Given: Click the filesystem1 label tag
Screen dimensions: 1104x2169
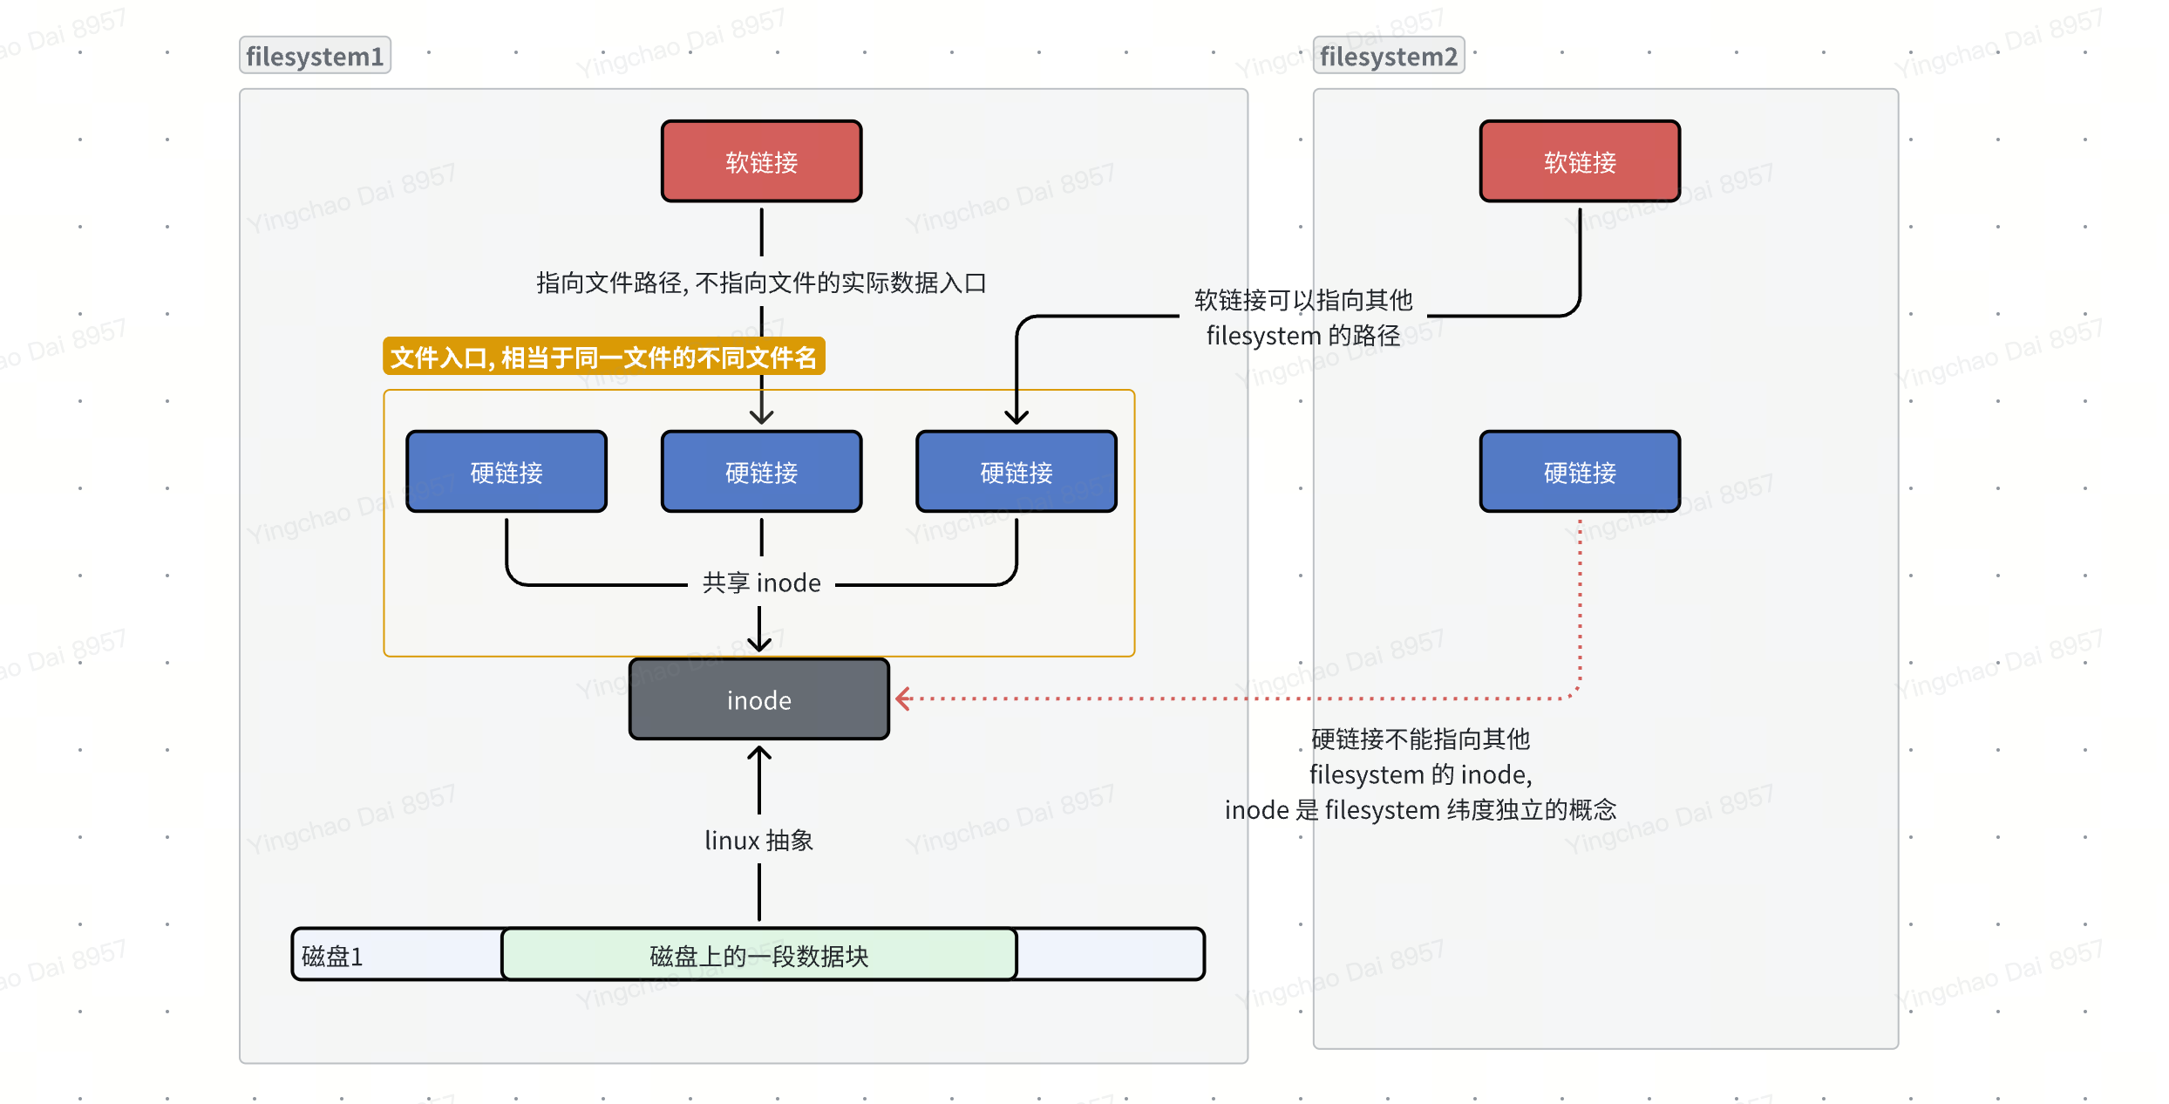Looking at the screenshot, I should [x=315, y=56].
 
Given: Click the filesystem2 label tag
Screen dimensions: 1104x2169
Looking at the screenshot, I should [x=1388, y=56].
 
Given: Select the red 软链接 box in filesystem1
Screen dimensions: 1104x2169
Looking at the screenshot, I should [x=761, y=161].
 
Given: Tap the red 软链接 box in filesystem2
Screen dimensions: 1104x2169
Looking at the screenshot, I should [x=1579, y=161].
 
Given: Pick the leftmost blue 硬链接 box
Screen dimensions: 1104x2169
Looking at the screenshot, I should [x=507, y=472].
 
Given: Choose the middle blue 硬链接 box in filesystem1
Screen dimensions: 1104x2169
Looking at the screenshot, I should [x=761, y=472].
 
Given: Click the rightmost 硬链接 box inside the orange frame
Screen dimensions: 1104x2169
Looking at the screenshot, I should [x=1016, y=472].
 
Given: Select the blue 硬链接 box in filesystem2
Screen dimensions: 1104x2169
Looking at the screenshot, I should [x=1579, y=472].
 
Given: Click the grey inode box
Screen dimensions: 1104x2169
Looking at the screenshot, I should [x=758, y=699].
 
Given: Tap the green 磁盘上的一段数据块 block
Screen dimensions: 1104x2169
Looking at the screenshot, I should [x=758, y=956].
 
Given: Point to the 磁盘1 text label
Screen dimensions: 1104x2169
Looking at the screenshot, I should [x=331, y=957].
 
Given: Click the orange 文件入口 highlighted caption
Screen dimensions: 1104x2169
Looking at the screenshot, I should [x=603, y=357].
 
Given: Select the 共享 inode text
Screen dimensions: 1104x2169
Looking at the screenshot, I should [x=761, y=583].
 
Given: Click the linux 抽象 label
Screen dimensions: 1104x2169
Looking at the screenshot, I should [x=758, y=840].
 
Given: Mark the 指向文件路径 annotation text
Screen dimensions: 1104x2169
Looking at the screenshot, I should [x=760, y=283].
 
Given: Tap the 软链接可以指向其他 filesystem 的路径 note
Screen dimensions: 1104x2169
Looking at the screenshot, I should [x=1302, y=317].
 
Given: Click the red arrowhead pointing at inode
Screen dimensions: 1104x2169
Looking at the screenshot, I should [x=903, y=699].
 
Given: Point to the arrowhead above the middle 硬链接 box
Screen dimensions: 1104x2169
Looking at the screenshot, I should [x=761, y=418].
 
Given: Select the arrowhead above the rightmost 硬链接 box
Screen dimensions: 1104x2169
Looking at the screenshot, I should [x=1017, y=418].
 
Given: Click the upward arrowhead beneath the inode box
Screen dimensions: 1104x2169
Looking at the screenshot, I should [x=758, y=753].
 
